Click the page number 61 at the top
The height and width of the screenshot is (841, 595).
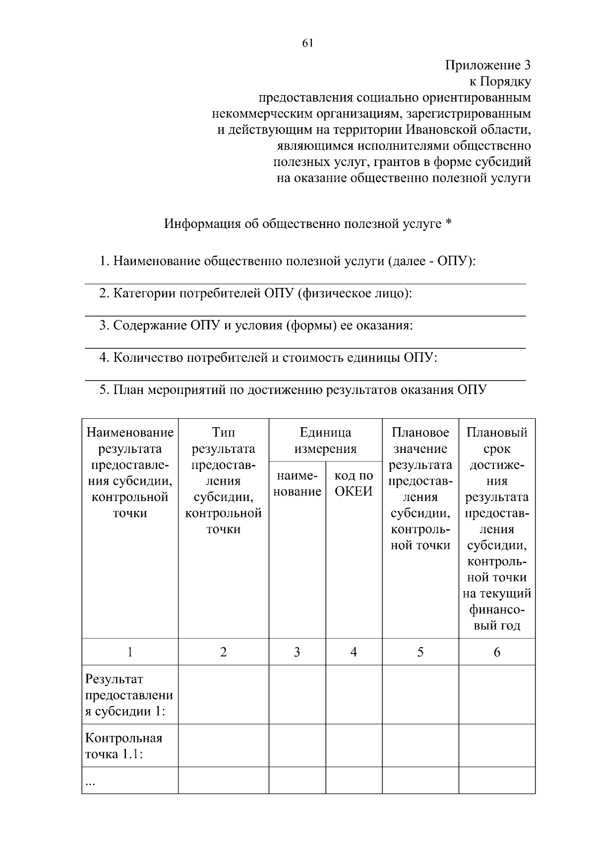pos(307,43)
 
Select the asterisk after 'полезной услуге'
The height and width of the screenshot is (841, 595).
pos(448,224)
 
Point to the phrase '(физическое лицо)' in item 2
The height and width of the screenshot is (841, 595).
pos(354,293)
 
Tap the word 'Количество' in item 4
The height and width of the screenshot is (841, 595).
pos(148,357)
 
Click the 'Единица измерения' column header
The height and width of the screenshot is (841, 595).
pos(325,440)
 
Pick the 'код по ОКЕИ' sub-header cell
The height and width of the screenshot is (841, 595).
pos(354,483)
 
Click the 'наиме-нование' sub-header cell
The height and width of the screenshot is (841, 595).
pos(297,483)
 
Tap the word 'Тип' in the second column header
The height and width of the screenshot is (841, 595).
pos(223,432)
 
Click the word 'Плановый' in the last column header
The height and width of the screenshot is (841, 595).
pos(497,432)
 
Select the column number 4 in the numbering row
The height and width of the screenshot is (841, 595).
pos(354,652)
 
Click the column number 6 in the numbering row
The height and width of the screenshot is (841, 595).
pos(497,652)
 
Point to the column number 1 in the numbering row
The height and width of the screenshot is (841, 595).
pos(130,652)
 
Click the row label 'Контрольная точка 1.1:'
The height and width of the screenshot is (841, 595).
pos(124,746)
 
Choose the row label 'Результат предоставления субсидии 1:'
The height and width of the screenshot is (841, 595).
pos(129,695)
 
